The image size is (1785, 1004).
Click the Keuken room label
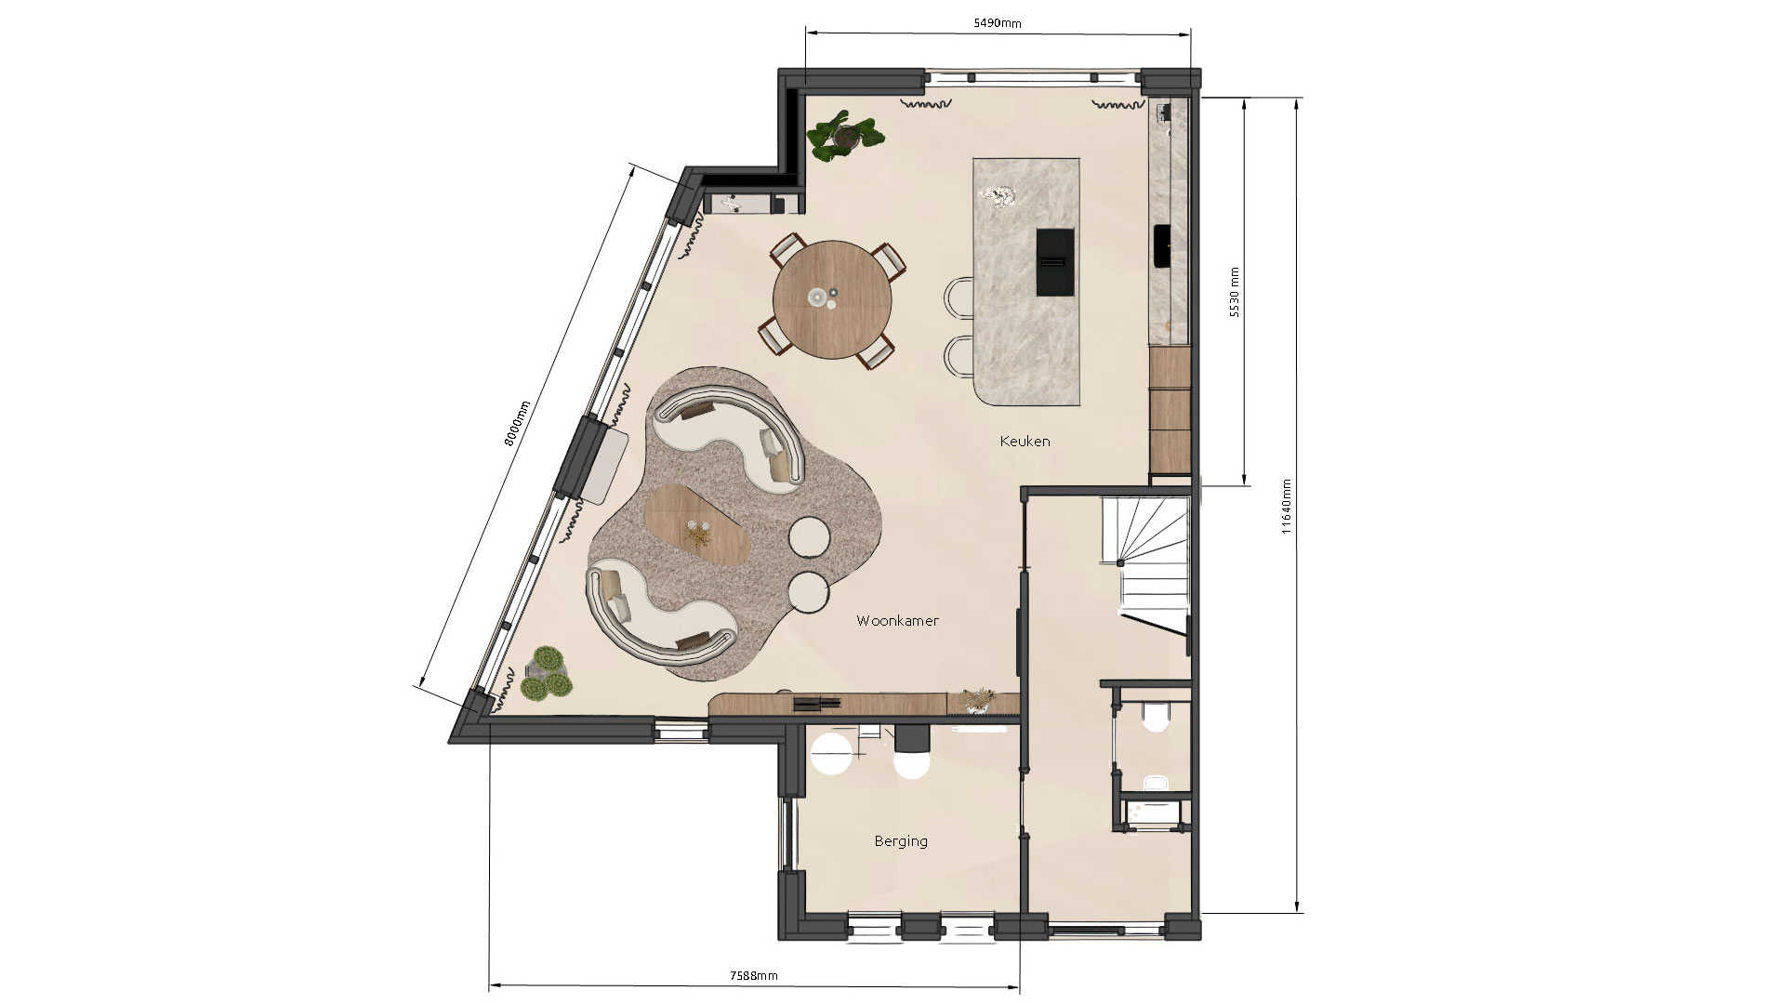(1025, 442)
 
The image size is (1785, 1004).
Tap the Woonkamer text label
(897, 621)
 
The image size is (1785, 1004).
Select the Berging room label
(901, 841)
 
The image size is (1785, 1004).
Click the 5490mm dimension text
(998, 23)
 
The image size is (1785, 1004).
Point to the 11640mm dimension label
(1287, 508)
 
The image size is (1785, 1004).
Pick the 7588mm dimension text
(753, 975)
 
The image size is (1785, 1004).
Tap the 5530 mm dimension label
(1235, 293)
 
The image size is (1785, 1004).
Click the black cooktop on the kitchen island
(1053, 262)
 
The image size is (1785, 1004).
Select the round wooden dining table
(832, 299)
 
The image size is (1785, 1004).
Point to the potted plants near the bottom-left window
(545, 675)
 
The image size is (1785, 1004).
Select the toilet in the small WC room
(1155, 716)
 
